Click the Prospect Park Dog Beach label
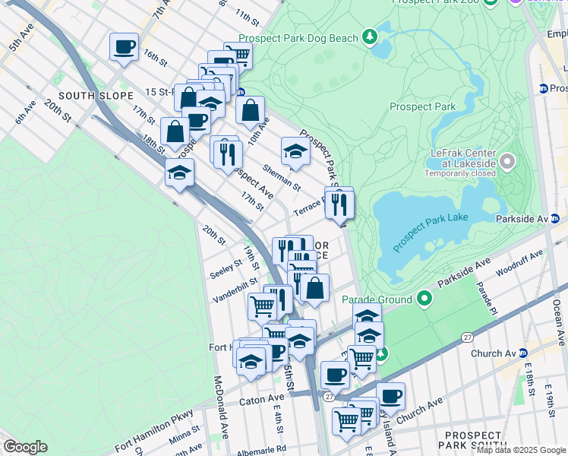point(299,37)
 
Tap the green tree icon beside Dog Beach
point(370,36)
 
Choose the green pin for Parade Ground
point(423,299)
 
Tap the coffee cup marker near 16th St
point(124,47)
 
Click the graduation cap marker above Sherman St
point(295,151)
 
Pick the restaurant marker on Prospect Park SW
point(339,203)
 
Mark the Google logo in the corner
point(25,447)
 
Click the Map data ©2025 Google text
point(520,450)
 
